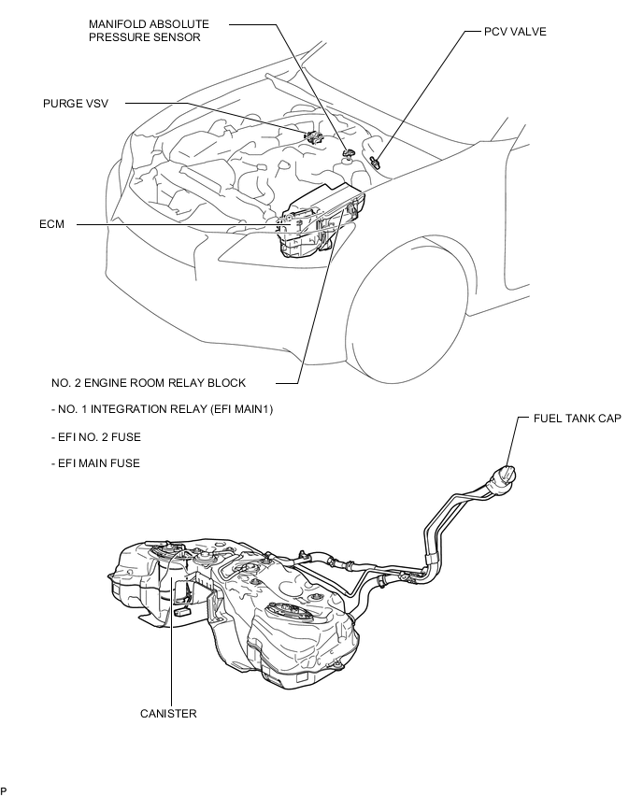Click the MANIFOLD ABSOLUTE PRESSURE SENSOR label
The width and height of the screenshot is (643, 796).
pos(149,31)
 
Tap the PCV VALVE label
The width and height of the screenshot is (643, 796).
pos(515,32)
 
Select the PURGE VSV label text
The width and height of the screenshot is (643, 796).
pos(76,104)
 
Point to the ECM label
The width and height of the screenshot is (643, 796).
pos(51,224)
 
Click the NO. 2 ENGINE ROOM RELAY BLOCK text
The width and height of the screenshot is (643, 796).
pos(149,383)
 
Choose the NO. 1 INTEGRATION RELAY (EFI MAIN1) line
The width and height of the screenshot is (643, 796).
pos(162,409)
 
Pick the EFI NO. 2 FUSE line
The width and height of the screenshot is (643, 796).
pos(96,437)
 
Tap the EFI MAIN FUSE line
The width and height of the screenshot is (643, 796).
pos(95,463)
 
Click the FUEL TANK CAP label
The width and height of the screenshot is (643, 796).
pos(577,418)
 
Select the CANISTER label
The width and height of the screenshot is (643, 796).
pos(168,713)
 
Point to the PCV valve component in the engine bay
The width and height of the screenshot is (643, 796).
pos(377,162)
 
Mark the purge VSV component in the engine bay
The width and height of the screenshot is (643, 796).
pos(314,137)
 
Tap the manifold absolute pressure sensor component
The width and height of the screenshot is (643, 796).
pos(349,153)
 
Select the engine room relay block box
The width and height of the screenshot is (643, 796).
pos(320,219)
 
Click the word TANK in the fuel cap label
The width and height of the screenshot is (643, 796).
pos(578,418)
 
